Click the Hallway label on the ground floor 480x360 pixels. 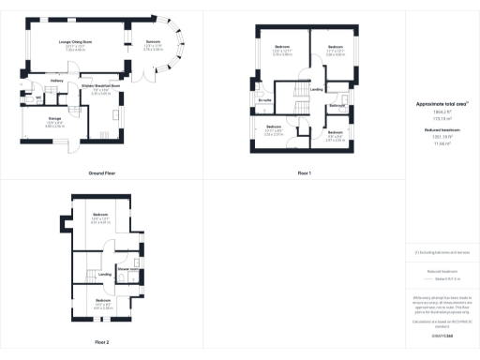pyautogui.click(x=57, y=82)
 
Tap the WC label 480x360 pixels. pyautogui.click(x=38, y=97)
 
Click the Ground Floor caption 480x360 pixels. pyautogui.click(x=101, y=174)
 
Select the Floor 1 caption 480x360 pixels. pyautogui.click(x=304, y=174)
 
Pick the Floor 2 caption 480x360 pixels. pyautogui.click(x=101, y=342)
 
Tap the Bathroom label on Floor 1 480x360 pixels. pyautogui.click(x=337, y=106)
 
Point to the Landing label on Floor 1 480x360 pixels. pyautogui.click(x=317, y=90)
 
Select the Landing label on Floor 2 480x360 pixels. pyautogui.click(x=105, y=274)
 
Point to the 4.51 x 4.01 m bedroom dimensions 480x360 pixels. pyautogui.click(x=101, y=223)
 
